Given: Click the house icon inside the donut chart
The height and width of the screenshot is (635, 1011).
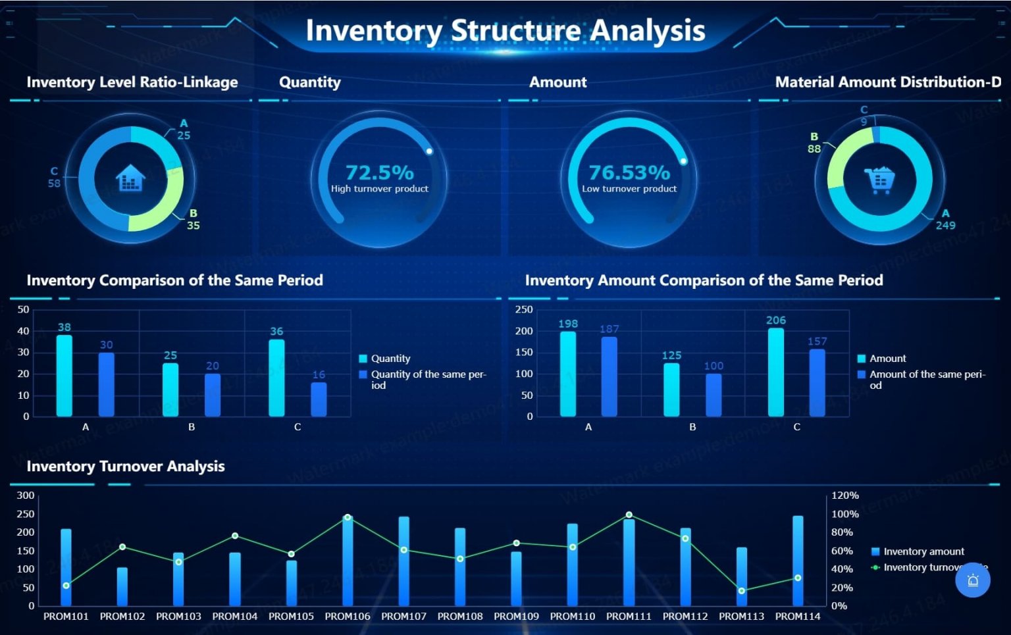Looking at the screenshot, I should (x=130, y=178).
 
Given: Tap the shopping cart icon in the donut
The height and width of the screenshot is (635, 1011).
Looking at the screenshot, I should (x=879, y=180).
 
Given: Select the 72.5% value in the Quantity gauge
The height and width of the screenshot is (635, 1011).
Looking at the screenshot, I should (x=380, y=172).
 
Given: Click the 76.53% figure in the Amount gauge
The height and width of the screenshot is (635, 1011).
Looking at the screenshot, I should (x=629, y=172).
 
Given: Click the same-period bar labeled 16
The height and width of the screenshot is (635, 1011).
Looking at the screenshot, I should (x=319, y=399).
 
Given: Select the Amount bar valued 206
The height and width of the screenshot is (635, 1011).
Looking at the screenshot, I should (x=776, y=372).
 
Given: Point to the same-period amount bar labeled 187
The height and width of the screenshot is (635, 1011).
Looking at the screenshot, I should (x=609, y=376).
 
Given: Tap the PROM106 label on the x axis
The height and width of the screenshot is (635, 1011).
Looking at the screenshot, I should (x=348, y=617).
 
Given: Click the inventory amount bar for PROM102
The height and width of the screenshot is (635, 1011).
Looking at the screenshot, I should (x=122, y=586).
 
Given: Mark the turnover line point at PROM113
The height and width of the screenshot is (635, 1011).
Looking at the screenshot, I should (x=742, y=591).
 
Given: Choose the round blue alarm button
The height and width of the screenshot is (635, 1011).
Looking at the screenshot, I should (x=973, y=580).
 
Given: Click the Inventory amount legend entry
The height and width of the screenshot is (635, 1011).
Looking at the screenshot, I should (x=923, y=551).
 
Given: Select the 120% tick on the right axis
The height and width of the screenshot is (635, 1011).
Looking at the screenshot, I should (x=845, y=495).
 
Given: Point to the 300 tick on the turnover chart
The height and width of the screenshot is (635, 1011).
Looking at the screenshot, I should (x=26, y=495).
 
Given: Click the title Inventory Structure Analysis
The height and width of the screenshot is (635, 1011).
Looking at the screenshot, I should (x=505, y=31).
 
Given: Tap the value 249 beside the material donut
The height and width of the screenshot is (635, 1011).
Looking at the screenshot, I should (x=945, y=225).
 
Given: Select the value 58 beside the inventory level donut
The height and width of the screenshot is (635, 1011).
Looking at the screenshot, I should (x=54, y=184).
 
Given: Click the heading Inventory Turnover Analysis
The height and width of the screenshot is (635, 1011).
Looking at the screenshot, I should (x=126, y=467).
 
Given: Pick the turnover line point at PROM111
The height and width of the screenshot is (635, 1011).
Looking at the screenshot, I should (x=629, y=515).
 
